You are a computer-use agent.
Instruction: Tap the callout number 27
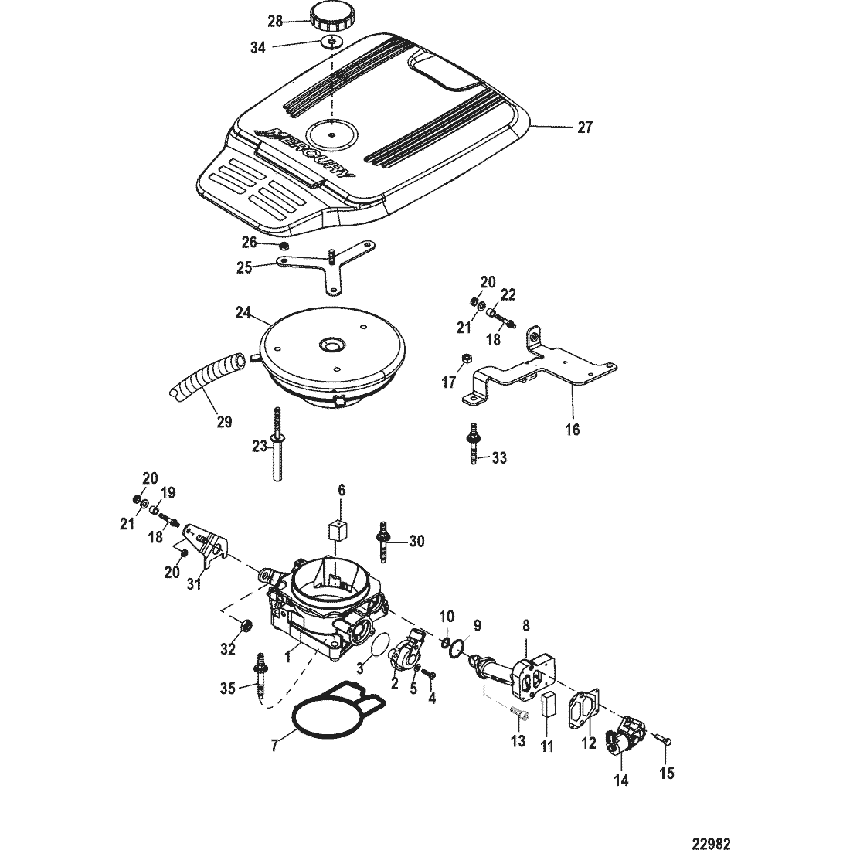coord(585,127)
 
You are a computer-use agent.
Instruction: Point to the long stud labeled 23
coord(277,442)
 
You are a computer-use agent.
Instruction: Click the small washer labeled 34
coord(331,42)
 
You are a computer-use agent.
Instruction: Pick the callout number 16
coord(573,430)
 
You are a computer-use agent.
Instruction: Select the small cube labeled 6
coord(338,529)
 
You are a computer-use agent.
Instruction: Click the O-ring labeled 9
coord(457,648)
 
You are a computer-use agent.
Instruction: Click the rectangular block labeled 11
coord(549,704)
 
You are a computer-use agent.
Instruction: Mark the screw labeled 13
coord(520,716)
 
